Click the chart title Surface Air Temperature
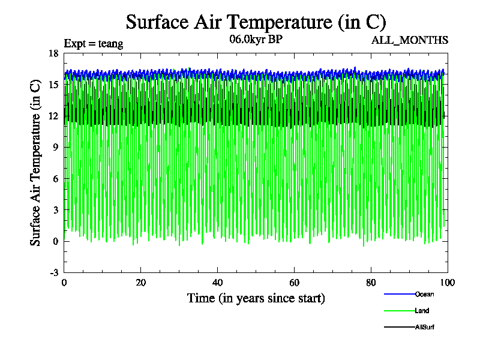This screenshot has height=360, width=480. [256, 22]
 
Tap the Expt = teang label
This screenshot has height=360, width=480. [94, 43]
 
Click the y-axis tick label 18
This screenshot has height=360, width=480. [53, 53]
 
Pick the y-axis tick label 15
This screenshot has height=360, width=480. [53, 85]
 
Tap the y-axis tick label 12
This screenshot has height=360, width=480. [53, 116]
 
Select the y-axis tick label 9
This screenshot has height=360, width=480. [55, 147]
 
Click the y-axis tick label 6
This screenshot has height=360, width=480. [55, 179]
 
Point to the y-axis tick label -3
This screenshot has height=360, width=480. [53, 272]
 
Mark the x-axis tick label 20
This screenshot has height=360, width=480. [141, 283]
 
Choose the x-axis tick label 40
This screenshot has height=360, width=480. [218, 283]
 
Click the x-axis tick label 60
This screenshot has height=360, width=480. [295, 283]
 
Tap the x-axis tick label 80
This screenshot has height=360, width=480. [371, 283]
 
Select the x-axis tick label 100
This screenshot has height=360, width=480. [448, 283]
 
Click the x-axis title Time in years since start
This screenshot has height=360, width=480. [256, 298]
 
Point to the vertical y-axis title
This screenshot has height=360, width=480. [36, 163]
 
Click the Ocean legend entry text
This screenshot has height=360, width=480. [424, 294]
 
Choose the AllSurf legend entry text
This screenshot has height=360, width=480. [425, 327]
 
